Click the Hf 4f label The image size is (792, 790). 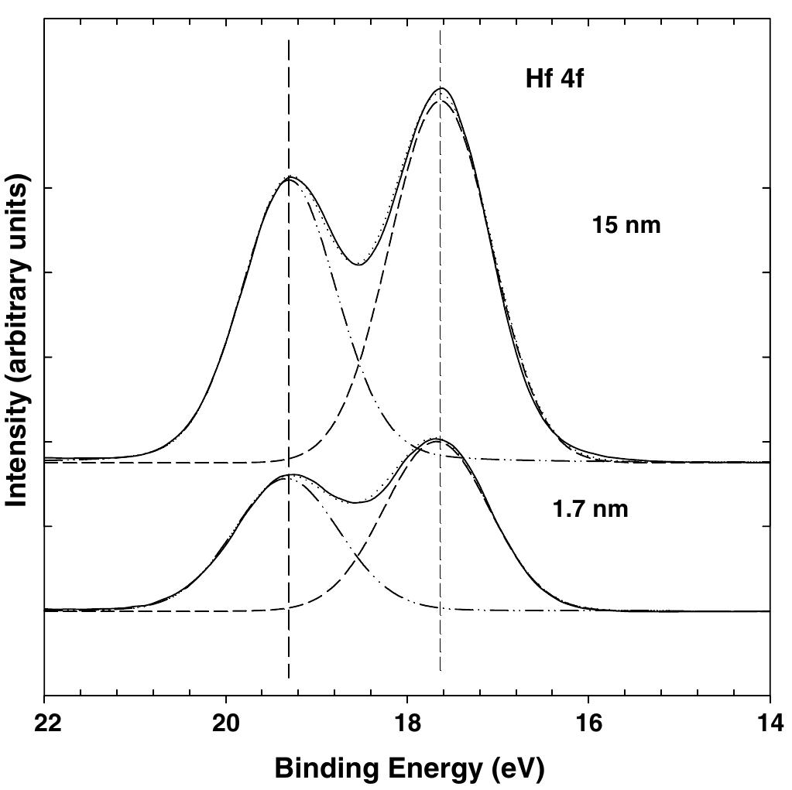(554, 79)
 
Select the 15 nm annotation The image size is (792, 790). (626, 225)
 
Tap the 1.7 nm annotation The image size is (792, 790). (590, 510)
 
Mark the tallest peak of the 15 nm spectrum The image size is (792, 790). (441, 88)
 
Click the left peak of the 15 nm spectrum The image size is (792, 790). (290, 176)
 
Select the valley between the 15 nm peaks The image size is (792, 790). (358, 265)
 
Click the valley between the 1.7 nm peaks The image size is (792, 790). (355, 503)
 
